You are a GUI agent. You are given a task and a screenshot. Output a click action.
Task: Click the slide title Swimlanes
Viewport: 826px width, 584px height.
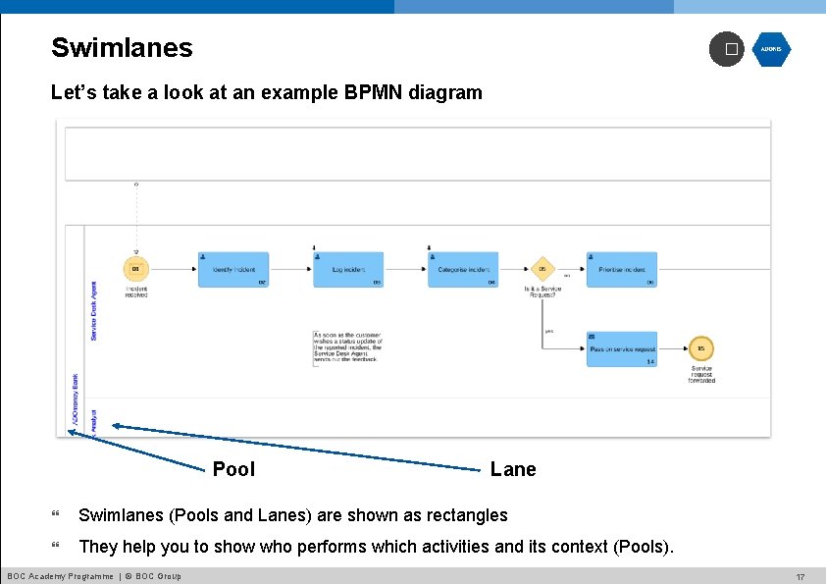point(122,47)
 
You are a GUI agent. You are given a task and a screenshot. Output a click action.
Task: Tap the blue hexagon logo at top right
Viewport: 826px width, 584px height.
point(771,49)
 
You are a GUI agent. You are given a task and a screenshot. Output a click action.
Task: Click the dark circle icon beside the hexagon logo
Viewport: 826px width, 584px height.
point(727,49)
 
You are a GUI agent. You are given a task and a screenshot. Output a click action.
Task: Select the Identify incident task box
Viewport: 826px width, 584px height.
point(233,270)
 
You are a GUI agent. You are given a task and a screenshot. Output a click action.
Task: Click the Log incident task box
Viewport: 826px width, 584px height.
point(348,270)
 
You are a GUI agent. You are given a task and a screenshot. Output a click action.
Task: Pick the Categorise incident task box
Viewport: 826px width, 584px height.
point(463,270)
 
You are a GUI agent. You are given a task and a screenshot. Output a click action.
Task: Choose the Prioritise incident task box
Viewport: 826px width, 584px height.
point(621,270)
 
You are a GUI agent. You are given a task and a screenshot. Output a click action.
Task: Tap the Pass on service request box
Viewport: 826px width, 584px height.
point(622,349)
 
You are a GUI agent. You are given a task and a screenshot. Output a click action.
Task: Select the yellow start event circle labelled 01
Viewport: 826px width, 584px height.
point(136,268)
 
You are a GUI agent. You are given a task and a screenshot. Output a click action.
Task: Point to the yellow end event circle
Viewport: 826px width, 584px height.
point(700,348)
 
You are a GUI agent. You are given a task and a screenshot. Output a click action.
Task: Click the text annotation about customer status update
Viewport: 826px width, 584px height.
point(347,347)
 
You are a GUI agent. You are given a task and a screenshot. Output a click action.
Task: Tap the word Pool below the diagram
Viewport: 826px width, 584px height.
point(233,469)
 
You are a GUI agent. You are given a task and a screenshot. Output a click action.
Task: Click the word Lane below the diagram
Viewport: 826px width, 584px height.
point(513,469)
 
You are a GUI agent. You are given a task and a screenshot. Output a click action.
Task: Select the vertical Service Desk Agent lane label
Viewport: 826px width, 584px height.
point(94,311)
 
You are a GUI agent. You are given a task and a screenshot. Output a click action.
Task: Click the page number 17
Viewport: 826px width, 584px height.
point(800,576)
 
